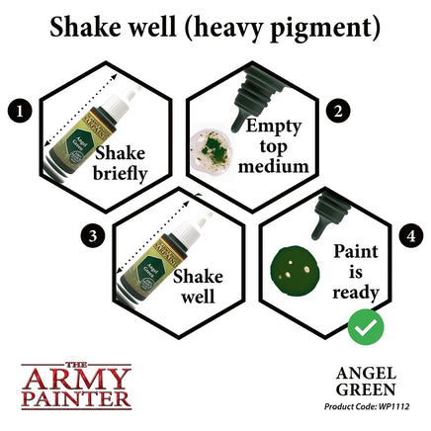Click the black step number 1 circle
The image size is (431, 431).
point(18,104)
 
